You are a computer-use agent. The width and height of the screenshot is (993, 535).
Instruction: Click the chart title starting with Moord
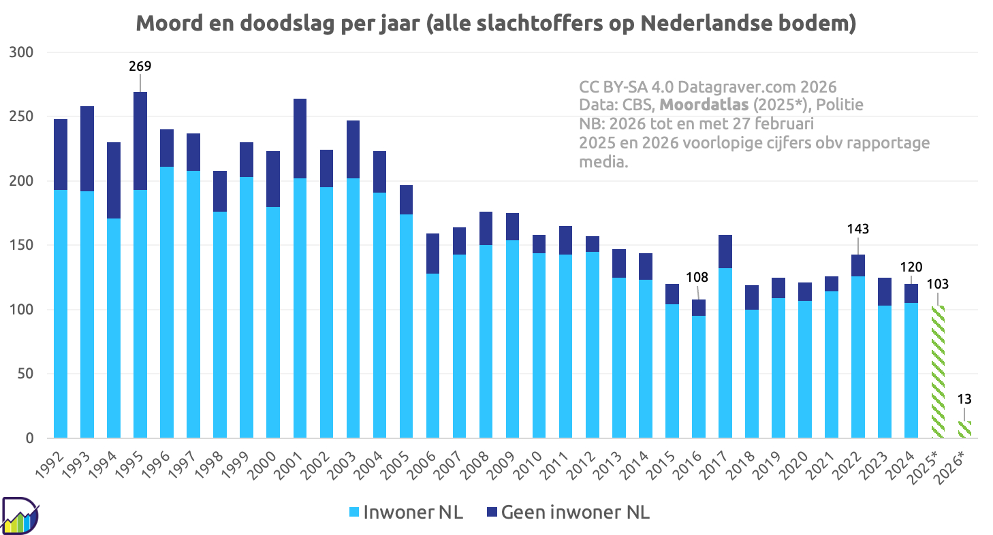496,22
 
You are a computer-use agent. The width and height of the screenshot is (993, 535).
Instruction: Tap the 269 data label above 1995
140,66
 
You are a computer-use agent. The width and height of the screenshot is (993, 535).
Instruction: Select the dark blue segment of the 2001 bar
300,138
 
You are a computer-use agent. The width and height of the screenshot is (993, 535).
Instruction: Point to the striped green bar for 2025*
938,372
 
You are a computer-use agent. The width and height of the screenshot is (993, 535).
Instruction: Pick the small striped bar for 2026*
964,429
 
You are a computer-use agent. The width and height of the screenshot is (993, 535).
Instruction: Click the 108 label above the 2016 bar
697,277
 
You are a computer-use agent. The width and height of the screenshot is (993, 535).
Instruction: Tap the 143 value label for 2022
858,229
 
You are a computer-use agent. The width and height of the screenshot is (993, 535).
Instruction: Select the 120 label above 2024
911,266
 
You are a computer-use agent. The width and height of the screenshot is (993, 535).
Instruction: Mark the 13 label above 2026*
964,400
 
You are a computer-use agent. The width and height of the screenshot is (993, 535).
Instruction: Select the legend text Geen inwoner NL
575,512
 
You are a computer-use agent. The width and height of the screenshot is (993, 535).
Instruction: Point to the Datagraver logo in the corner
20,516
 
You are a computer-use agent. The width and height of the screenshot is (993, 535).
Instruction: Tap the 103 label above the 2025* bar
937,284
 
